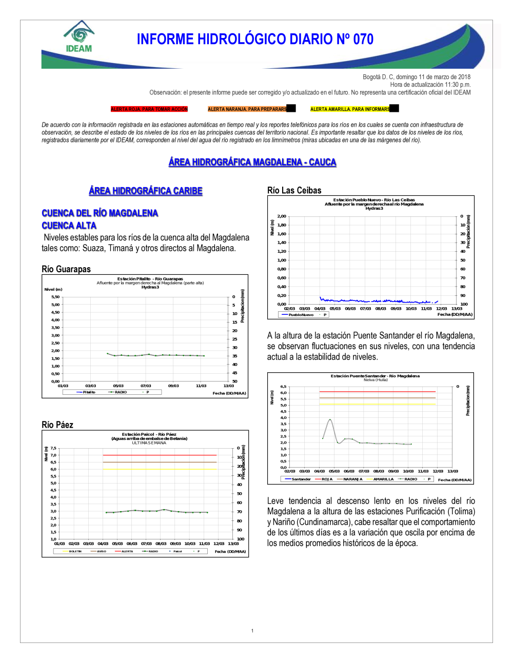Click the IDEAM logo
(x=78, y=37)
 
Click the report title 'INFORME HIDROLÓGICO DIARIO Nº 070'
(x=255, y=39)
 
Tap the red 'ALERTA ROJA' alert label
(x=149, y=109)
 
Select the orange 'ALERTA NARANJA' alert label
(x=247, y=109)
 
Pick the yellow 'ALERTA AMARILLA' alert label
(x=350, y=109)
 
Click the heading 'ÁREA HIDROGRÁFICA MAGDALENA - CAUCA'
(x=252, y=162)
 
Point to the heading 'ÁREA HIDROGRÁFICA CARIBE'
(x=146, y=191)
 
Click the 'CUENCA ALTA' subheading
(x=69, y=226)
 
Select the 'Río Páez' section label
(x=57, y=425)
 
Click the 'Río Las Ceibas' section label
(x=294, y=190)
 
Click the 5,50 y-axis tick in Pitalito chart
(x=55, y=297)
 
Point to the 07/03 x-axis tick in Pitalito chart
(x=146, y=386)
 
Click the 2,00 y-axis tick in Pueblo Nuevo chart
(x=282, y=216)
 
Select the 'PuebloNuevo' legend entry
(x=301, y=315)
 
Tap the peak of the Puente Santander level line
(x=330, y=419)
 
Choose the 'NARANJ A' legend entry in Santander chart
(x=352, y=479)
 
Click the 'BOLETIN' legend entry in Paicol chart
(x=75, y=551)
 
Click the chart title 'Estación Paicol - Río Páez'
(x=149, y=434)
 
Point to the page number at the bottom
(x=252, y=631)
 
